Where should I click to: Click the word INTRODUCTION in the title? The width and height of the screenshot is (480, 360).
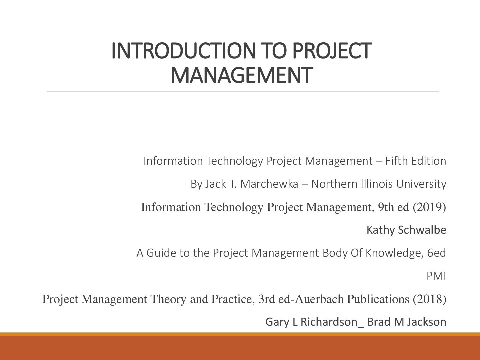[x=183, y=51]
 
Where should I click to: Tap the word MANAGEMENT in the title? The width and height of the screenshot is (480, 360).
[x=241, y=75]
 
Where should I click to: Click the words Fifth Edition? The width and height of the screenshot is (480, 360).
[x=415, y=161]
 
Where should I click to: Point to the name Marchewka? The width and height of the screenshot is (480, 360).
[x=269, y=184]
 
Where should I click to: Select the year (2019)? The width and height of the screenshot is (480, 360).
[x=429, y=207]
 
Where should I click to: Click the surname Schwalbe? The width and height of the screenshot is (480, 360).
[x=422, y=230]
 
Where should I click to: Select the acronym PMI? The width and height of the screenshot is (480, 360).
[x=436, y=276]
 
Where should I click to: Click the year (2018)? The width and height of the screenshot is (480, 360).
[x=429, y=299]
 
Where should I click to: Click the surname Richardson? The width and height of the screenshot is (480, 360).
[x=329, y=322]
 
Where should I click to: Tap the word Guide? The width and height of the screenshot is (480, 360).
[x=161, y=253]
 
